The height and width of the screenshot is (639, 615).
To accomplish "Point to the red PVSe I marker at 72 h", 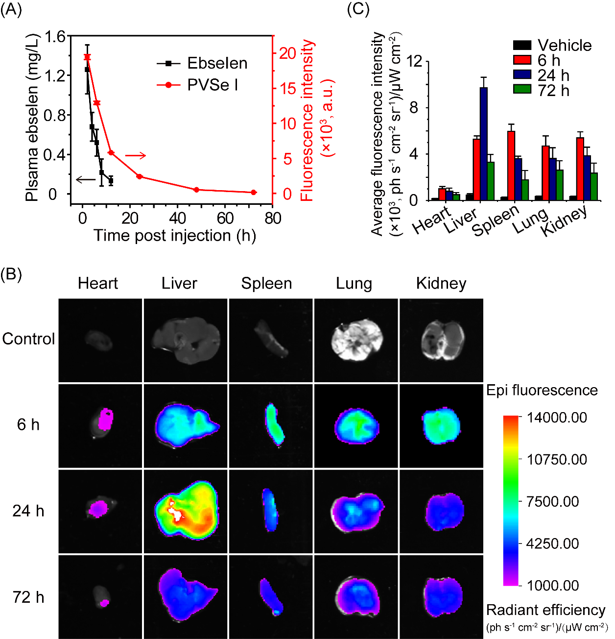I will [254, 193].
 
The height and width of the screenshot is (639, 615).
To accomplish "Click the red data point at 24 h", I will [139, 176].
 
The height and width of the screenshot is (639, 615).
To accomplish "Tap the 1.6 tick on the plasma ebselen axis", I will [55, 37].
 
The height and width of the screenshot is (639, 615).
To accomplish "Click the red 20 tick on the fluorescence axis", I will [288, 53].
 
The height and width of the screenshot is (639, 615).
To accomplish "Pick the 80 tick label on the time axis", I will [273, 218].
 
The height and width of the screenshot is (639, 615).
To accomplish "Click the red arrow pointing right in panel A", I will [136, 156].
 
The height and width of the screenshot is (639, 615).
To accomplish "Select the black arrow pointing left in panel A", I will [86, 179].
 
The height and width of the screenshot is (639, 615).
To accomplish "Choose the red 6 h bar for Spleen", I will [511, 166].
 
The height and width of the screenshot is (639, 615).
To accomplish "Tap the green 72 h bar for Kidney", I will [594, 186].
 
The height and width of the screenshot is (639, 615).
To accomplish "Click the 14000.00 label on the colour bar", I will [556, 418].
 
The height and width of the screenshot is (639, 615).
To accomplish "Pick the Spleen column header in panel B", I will [266, 283].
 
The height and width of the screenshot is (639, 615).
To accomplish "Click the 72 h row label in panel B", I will [28, 597].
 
